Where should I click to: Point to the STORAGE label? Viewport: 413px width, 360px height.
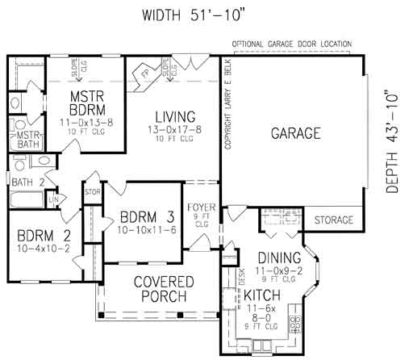pos(333,220)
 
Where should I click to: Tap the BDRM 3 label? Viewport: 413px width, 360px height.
pos(148,217)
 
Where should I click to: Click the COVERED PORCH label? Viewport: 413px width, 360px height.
pos(163,289)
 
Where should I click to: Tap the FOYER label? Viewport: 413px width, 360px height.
pos(202,207)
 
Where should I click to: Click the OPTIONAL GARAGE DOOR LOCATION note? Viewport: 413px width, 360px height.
pos(292,43)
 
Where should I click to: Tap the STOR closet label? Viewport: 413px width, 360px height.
pos(91,192)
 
